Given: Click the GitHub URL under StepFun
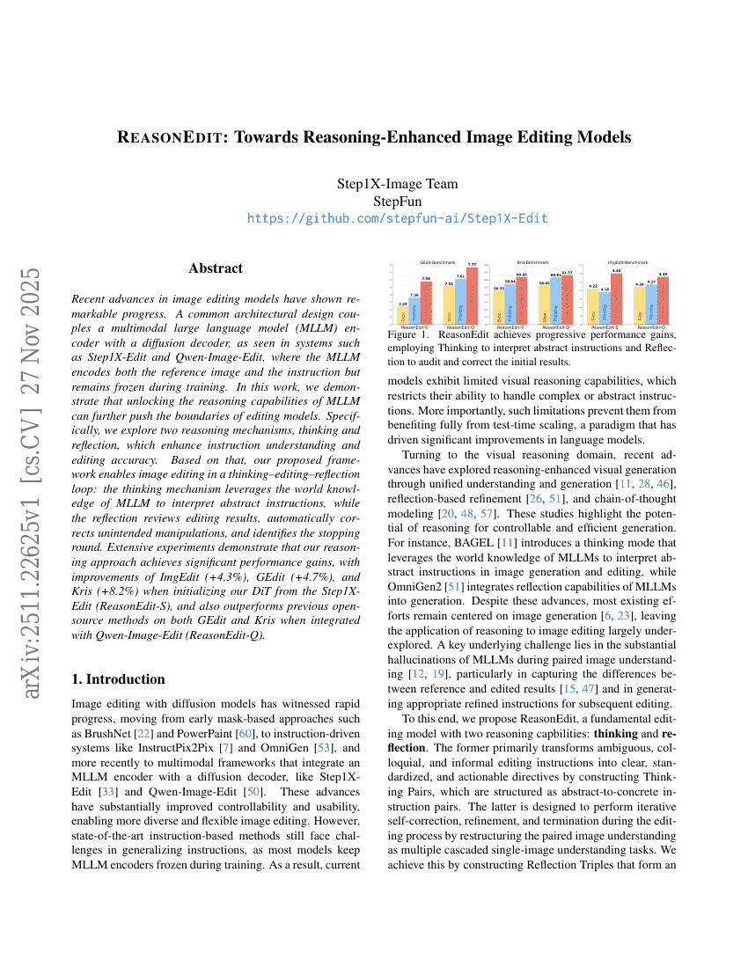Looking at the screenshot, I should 397,218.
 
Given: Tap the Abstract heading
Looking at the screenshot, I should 216,268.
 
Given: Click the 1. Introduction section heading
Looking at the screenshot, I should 117,678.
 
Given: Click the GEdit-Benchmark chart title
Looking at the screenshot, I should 436,262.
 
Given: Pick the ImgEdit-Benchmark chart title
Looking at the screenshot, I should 627,262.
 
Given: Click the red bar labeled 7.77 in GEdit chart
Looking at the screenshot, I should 472,296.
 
